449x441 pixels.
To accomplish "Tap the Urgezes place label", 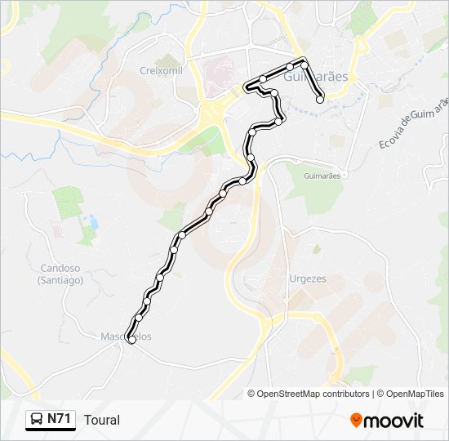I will [307, 278].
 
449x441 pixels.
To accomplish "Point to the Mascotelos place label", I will [126, 336].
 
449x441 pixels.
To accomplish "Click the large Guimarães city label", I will [317, 77].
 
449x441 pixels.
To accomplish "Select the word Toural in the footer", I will [101, 420].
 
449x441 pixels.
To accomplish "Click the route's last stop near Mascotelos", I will [131, 341].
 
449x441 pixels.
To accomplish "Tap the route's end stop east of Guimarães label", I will [320, 100].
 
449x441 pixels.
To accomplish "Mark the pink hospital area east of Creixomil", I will [219, 75].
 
